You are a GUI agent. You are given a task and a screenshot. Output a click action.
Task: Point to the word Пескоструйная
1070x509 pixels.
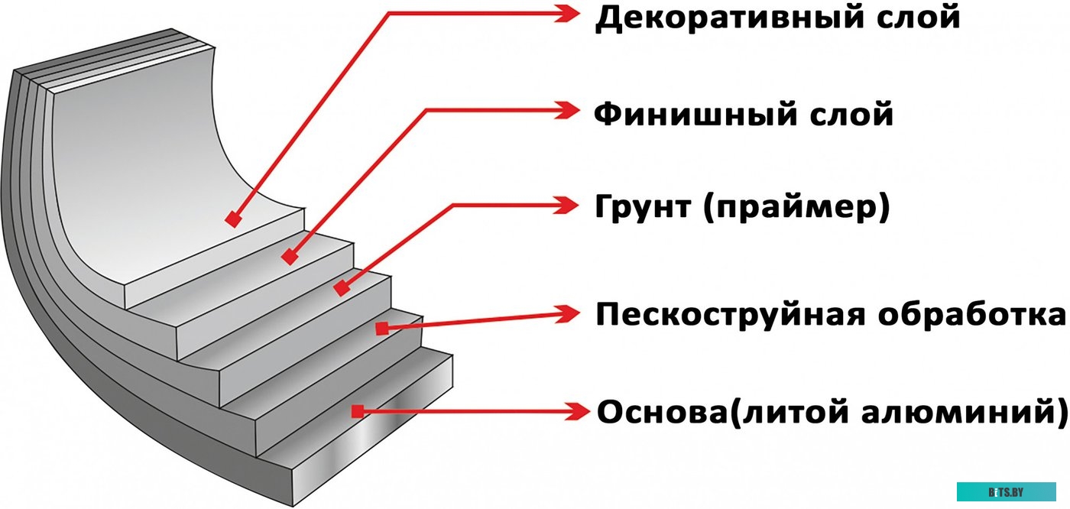(x=731, y=314)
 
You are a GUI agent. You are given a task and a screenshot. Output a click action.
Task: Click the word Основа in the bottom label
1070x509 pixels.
(x=657, y=412)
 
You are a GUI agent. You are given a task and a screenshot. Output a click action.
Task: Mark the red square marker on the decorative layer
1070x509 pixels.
(x=234, y=219)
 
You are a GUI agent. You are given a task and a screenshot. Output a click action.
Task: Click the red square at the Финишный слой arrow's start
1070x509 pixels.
(x=289, y=258)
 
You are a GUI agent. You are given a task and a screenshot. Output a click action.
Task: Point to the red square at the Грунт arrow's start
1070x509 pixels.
(x=342, y=289)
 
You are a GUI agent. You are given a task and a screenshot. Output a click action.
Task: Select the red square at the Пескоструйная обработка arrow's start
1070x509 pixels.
(x=381, y=328)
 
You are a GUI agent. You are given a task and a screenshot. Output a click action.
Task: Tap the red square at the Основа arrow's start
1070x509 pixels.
(x=357, y=411)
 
